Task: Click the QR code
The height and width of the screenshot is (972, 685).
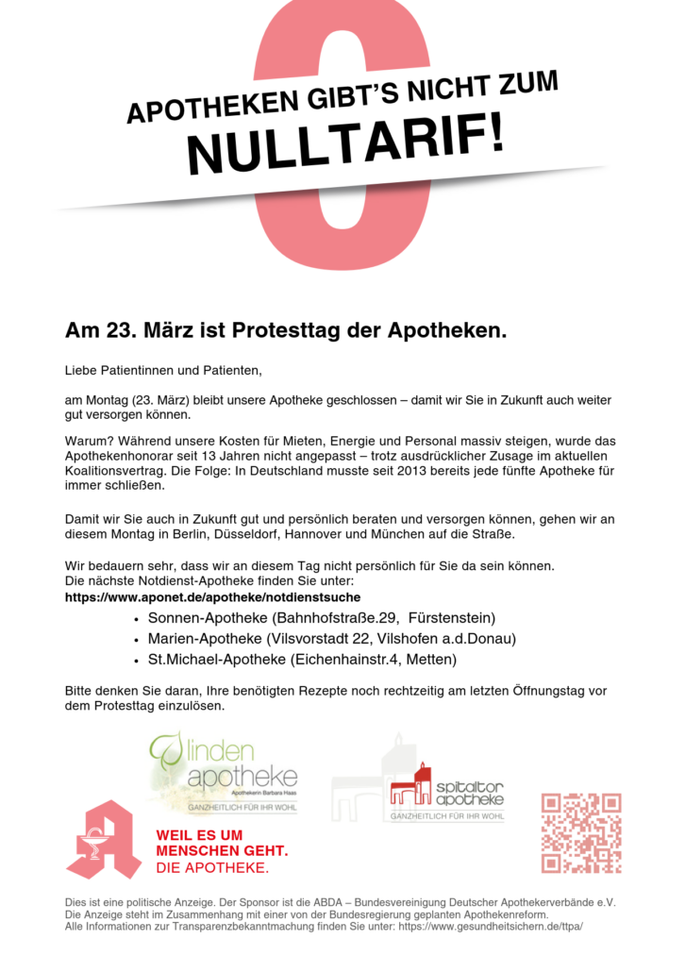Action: (x=580, y=832)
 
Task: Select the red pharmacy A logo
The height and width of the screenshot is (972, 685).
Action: (x=103, y=839)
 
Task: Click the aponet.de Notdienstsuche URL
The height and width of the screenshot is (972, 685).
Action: (x=212, y=597)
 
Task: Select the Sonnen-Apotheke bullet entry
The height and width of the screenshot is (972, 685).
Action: (x=321, y=618)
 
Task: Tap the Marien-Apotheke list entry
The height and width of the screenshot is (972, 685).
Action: (x=331, y=639)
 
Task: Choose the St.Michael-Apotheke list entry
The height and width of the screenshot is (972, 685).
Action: (x=302, y=659)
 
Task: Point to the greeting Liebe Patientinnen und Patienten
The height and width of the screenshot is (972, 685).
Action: (x=161, y=368)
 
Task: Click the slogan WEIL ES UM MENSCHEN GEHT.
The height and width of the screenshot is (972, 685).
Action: (x=221, y=843)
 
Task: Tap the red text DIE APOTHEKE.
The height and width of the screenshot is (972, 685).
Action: (x=211, y=867)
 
